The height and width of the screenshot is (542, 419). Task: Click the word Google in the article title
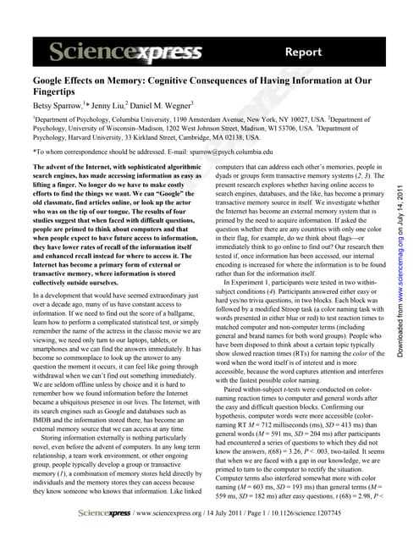click(x=41, y=85)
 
